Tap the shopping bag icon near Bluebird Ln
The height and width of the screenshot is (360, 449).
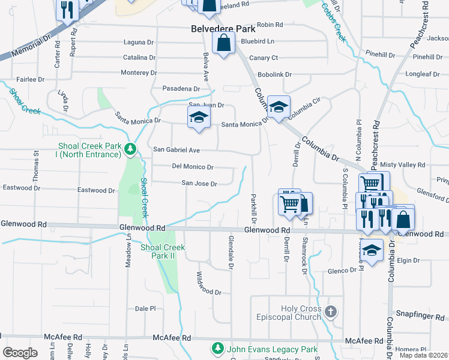[x=223, y=44]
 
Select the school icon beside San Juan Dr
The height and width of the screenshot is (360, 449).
[x=199, y=118]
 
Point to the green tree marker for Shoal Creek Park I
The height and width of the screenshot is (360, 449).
[x=130, y=148]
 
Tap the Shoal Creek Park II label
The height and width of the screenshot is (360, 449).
[x=162, y=251]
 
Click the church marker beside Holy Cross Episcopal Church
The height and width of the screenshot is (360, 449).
[x=331, y=311]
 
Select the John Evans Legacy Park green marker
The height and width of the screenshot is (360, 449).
[x=217, y=348]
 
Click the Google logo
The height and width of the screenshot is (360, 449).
[x=20, y=352]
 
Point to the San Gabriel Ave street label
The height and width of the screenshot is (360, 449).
[x=176, y=149]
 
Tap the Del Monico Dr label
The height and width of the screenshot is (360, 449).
[x=193, y=167]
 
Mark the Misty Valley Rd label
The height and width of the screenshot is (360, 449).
[x=402, y=165]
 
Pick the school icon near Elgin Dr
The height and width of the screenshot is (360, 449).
[x=372, y=252]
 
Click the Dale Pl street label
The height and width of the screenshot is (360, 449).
[x=145, y=308]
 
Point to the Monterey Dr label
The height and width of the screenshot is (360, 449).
[x=138, y=72]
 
